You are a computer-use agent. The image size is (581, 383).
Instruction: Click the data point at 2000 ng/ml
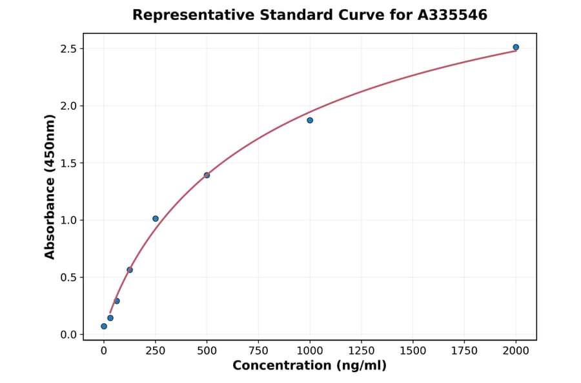516,47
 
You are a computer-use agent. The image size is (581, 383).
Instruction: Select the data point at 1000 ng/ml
310,121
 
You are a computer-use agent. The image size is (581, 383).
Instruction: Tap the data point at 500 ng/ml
207,175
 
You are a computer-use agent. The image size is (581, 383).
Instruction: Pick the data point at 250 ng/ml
156,219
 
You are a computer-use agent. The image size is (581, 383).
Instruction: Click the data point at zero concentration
104,326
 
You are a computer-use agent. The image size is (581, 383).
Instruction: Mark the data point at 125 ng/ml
130,270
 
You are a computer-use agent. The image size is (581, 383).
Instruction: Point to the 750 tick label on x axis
258,351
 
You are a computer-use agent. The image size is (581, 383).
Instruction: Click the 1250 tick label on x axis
362,351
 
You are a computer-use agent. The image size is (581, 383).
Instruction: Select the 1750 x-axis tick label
464,351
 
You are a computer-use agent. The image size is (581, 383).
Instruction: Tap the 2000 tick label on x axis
516,351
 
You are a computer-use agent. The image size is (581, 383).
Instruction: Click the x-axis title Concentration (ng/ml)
309,366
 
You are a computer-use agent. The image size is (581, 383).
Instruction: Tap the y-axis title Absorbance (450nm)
50,187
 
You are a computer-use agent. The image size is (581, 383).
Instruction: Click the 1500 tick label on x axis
413,351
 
